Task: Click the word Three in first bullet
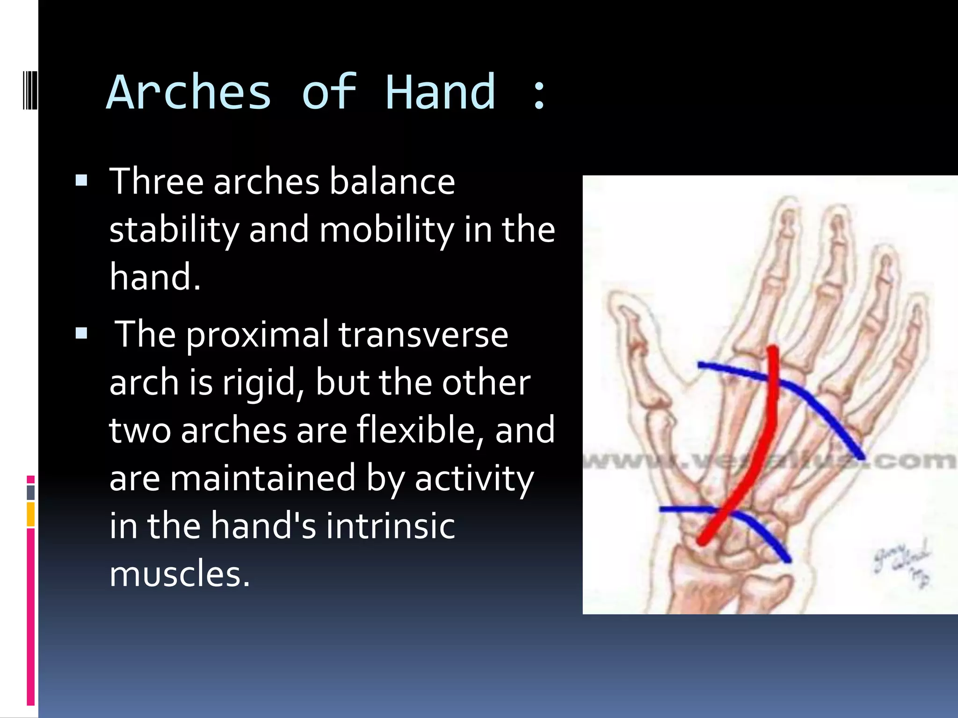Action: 156,181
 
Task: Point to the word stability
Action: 174,230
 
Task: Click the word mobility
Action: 386,230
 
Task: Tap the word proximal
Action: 258,336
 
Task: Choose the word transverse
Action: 423,335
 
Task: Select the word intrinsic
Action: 390,526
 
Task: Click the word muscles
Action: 180,574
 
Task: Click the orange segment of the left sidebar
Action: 31,514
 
